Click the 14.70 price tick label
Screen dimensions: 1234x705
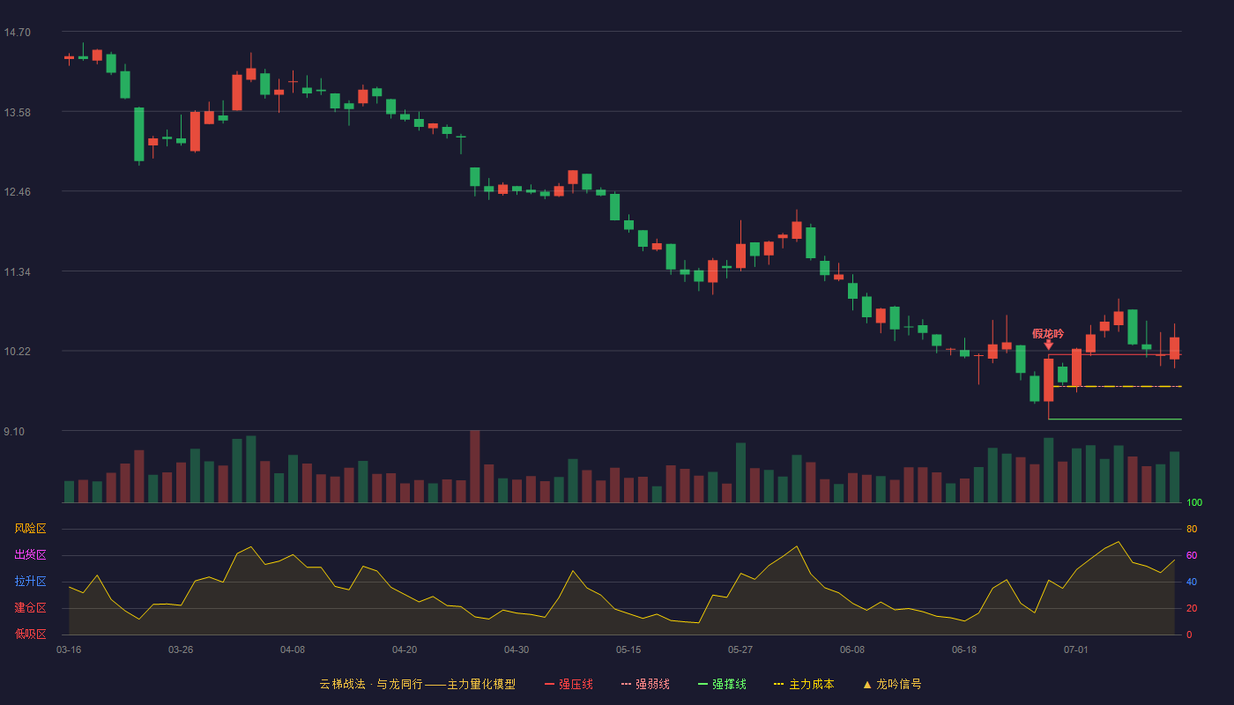pos(17,33)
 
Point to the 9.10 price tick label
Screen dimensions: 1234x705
pos(14,432)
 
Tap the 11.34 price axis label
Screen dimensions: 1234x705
pos(17,272)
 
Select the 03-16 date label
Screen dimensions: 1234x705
pos(69,650)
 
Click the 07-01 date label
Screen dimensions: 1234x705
pos(1076,650)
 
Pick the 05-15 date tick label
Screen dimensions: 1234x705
pos(628,650)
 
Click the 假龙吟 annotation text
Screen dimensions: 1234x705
pos(1048,334)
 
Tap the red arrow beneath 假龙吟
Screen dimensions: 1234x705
pos(1049,345)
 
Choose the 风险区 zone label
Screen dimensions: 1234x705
pos(30,529)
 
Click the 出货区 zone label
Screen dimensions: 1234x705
pos(30,554)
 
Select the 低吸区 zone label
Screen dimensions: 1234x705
pos(30,634)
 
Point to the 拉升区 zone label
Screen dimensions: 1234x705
pos(30,581)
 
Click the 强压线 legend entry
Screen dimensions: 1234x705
pos(569,684)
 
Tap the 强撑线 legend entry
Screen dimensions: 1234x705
pos(722,684)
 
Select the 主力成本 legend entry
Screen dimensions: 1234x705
pos(804,684)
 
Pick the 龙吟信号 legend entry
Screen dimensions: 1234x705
pos(892,684)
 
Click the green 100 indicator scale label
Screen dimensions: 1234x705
pos(1194,502)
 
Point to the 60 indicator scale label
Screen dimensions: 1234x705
pos(1192,555)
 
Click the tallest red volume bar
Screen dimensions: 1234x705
pos(475,466)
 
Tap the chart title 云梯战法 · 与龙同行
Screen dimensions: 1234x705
pos(371,684)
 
